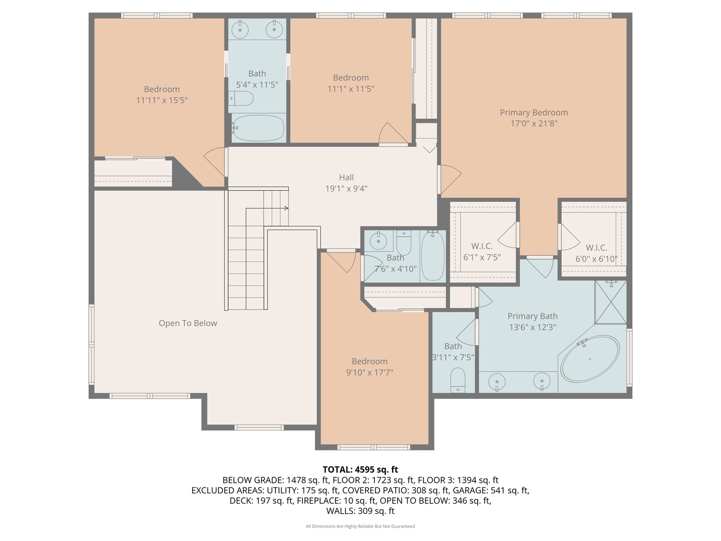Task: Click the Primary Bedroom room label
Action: (x=534, y=113)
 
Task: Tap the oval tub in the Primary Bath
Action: (x=590, y=359)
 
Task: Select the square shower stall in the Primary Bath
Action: (x=610, y=302)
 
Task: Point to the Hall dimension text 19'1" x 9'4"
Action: (x=346, y=189)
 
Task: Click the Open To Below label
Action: (x=188, y=324)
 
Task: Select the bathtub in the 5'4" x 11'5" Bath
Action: (x=258, y=128)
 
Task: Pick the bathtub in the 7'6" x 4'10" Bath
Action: (x=433, y=256)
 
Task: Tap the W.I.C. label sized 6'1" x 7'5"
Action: (x=482, y=246)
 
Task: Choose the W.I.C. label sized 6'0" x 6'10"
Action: (x=596, y=248)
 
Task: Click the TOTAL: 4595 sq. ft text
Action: (x=360, y=469)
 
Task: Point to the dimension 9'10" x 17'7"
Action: (x=370, y=373)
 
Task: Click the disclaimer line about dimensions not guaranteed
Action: (x=360, y=526)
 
